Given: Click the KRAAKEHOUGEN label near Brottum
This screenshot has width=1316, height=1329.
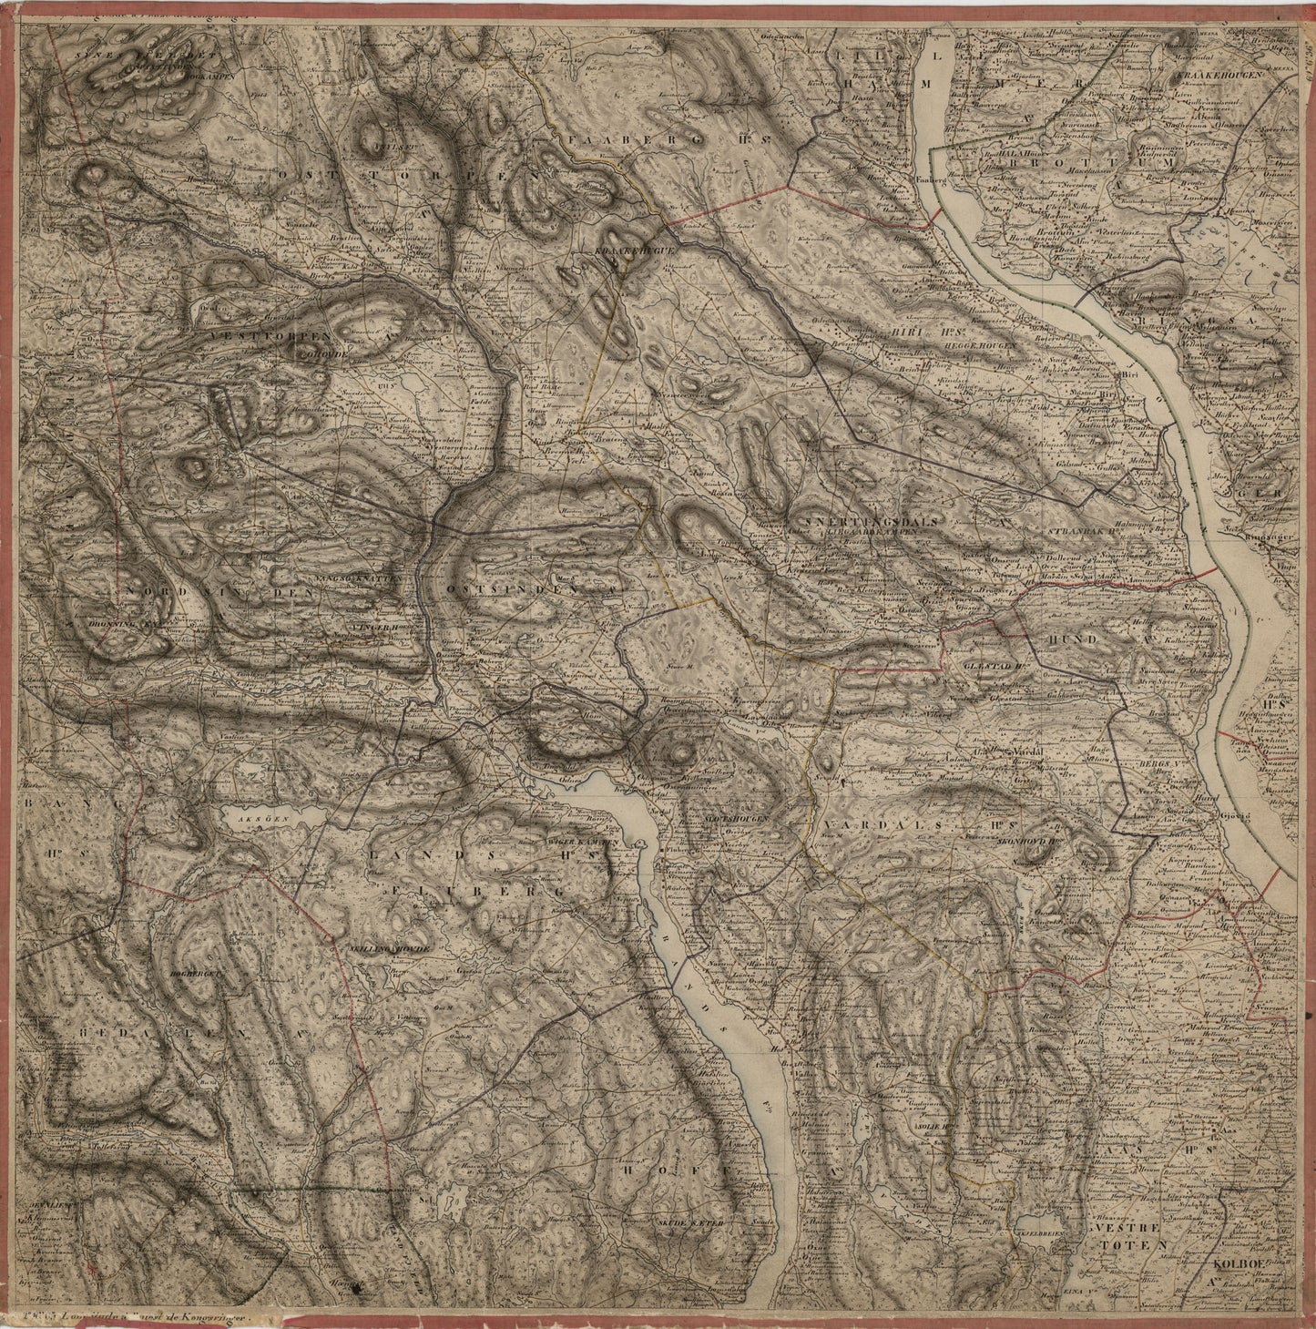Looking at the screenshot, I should [1219, 77].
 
